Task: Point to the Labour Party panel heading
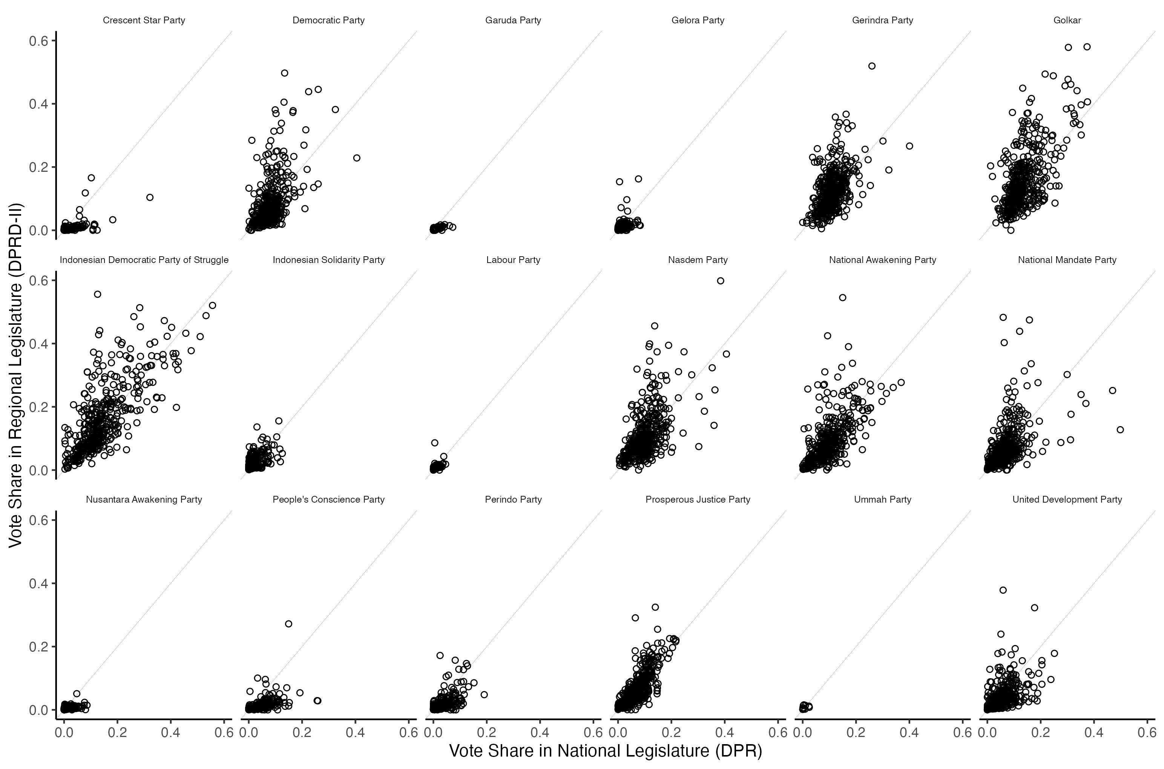[513, 260]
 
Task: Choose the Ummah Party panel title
[882, 500]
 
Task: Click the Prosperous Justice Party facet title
[697, 500]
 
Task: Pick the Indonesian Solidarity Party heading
[328, 260]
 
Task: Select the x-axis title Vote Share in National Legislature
[606, 751]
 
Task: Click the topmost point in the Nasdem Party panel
[721, 281]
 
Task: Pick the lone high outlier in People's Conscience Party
[288, 624]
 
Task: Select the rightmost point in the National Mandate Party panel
[1120, 430]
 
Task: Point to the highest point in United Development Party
[1003, 590]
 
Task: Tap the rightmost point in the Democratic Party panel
[357, 158]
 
